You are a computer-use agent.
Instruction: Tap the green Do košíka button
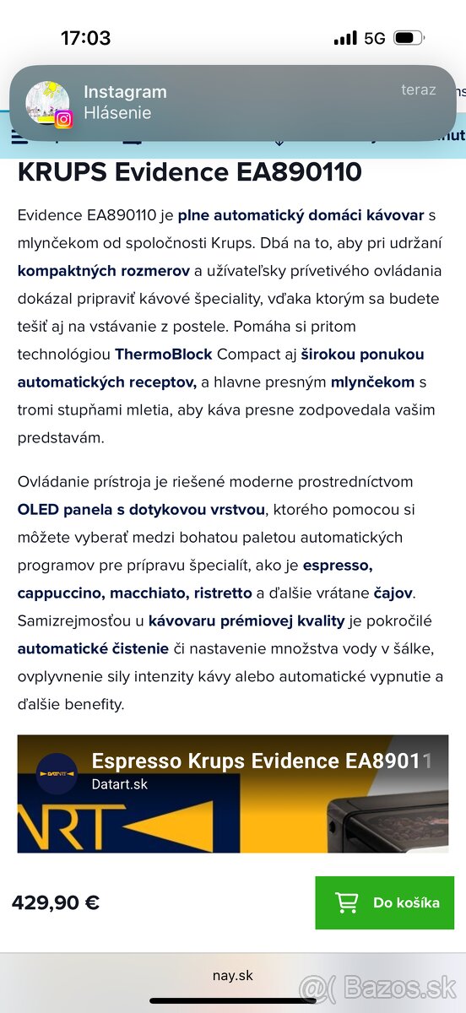point(384,902)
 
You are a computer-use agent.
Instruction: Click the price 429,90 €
point(56,902)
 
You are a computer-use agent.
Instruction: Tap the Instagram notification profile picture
point(47,103)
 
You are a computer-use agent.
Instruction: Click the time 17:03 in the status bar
point(85,38)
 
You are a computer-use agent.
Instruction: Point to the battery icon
point(409,38)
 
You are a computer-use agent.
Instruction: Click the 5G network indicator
point(374,38)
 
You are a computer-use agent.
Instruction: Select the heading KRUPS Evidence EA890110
point(189,172)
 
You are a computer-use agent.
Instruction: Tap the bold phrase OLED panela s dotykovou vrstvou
point(141,510)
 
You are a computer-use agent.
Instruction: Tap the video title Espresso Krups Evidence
point(262,761)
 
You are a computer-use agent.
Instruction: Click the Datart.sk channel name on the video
point(119,784)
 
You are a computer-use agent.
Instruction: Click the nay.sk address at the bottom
point(232,976)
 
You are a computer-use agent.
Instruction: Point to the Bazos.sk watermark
point(377,987)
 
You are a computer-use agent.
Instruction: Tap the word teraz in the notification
point(418,89)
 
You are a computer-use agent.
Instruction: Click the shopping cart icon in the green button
point(346,902)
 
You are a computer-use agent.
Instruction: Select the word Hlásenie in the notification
point(117,113)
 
